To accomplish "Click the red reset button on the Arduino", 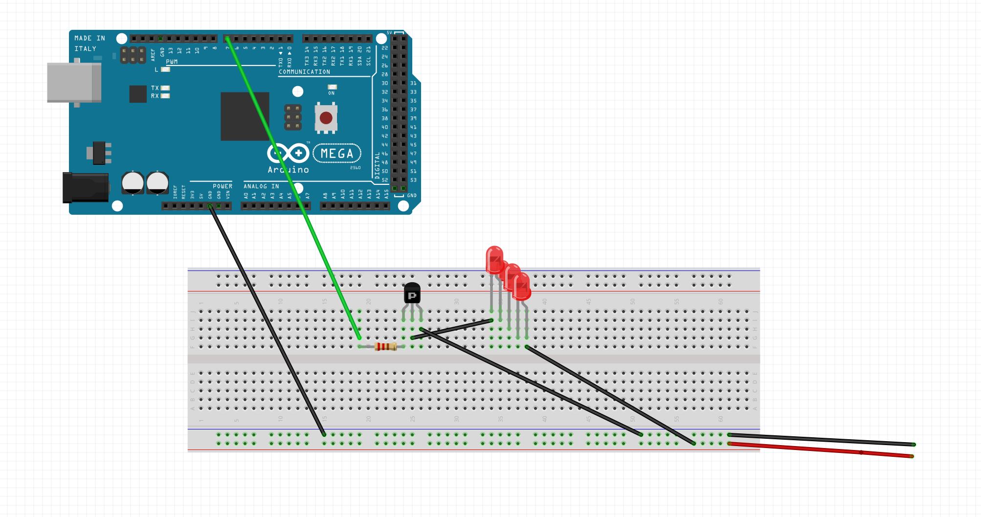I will [326, 118].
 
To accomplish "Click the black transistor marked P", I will [412, 293].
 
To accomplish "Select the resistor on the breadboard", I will [385, 347].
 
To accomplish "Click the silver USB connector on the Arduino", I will [74, 82].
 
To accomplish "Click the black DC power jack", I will [85, 187].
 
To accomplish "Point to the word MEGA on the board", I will [337, 154].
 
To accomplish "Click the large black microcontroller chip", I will [245, 116].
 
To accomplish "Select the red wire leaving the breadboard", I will [822, 450].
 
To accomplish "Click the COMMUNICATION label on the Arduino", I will [304, 72].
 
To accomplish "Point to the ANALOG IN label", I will [261, 186].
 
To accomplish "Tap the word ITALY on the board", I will [85, 49].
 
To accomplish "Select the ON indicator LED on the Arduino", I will [332, 87].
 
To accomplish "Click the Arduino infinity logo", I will [288, 154].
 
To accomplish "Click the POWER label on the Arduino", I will [223, 186].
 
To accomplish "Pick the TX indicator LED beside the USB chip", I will [165, 88].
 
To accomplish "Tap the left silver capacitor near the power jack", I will [133, 182].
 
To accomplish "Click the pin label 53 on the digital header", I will [413, 180].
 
